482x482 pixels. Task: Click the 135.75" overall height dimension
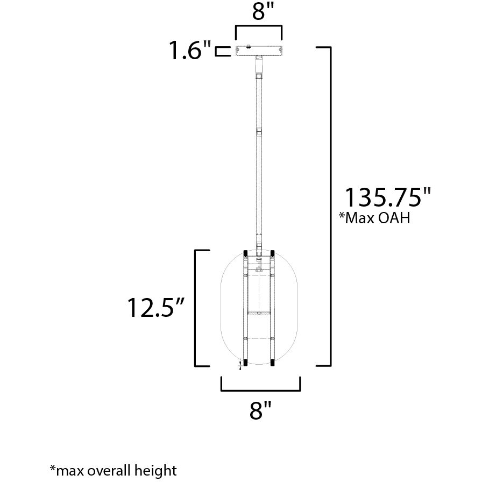tap(388, 197)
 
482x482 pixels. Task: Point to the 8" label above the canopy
tap(259, 12)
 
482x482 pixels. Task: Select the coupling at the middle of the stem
tap(259, 131)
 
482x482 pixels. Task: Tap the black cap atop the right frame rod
tap(273, 253)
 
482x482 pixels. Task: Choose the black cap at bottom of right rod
tap(273, 363)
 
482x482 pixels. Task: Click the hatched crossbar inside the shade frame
tap(259, 313)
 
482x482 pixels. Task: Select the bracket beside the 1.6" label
tap(221, 52)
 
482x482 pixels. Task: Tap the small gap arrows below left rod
tap(240, 366)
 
